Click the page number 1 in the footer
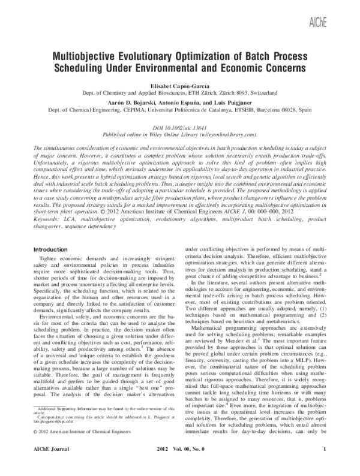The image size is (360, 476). pos(325,465)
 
